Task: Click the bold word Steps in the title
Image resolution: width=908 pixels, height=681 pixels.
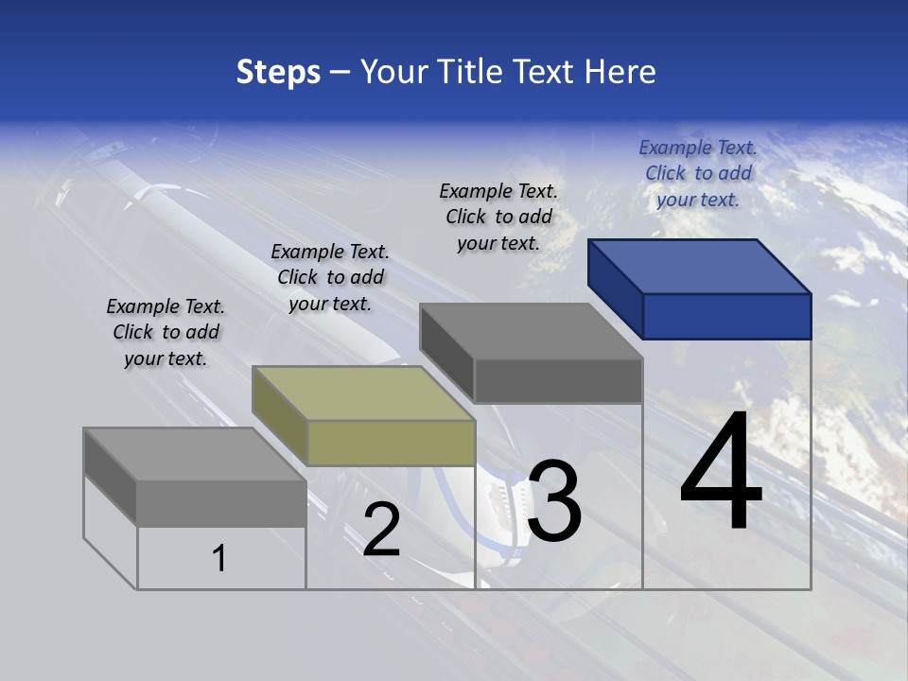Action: click(278, 72)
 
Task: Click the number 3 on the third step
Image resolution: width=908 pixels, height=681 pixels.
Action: click(554, 501)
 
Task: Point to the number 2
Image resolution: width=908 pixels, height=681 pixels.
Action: click(382, 530)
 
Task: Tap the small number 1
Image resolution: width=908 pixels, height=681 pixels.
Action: click(219, 558)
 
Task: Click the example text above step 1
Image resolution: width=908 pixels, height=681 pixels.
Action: click(166, 332)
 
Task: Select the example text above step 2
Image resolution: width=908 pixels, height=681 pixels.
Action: click(330, 277)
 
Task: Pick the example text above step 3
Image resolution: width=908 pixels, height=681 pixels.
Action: click(498, 217)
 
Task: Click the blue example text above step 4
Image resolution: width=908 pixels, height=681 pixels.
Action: click(698, 173)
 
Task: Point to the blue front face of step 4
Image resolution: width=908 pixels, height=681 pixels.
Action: click(726, 316)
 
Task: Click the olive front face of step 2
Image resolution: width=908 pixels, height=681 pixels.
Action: click(391, 443)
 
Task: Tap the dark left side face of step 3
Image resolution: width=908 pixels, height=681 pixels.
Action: click(446, 353)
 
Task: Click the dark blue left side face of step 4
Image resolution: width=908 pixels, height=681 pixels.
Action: click(615, 288)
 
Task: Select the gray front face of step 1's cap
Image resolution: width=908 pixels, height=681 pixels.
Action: click(221, 502)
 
